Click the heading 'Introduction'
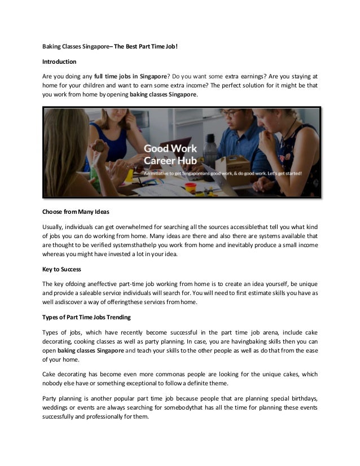[59, 60]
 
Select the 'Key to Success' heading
[63, 269]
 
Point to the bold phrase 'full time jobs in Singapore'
[130, 76]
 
